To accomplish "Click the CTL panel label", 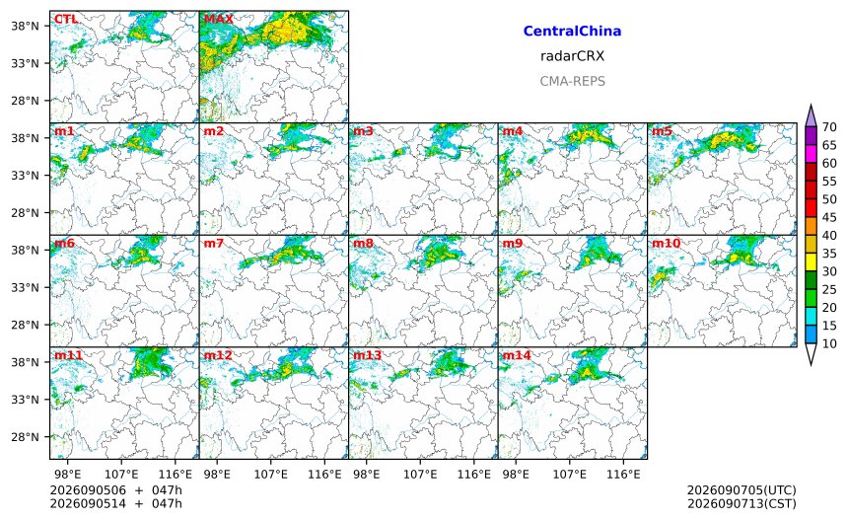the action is coord(66,19).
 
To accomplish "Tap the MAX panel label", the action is coord(219,19).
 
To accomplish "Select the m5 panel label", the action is coord(662,131).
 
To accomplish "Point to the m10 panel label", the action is coord(666,244).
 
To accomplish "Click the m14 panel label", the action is coord(517,355).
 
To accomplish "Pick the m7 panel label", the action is coord(213,244).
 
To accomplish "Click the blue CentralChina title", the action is coord(572,31).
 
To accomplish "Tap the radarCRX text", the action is coord(572,56).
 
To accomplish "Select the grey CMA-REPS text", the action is coord(572,81).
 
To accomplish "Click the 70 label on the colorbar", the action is coord(829,127).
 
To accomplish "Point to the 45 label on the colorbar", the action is coord(829,217).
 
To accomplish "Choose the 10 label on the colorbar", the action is coord(829,343).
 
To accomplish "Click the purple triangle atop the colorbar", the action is coord(811,116).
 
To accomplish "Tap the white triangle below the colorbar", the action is coord(811,353).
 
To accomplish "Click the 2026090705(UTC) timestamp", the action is coord(742,490).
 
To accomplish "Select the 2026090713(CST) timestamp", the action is coord(742,503).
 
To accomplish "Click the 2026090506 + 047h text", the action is coord(115,490).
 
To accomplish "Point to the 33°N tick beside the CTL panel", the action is coord(26,63).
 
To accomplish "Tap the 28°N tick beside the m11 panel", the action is coord(26,437).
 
